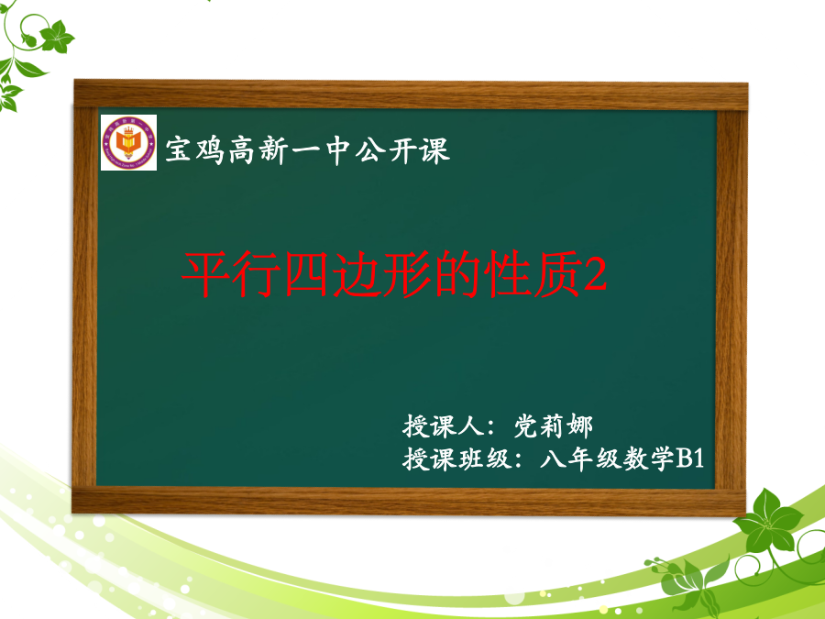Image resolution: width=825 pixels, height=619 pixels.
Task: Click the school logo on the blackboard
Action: tap(128, 142)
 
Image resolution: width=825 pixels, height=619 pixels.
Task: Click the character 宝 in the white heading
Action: tap(179, 150)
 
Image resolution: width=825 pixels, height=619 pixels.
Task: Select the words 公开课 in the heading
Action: tap(402, 150)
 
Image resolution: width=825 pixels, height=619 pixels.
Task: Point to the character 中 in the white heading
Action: tap(337, 150)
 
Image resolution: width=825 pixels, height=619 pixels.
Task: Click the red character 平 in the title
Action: tap(205, 273)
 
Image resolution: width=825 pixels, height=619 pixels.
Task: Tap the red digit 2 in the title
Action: tap(596, 275)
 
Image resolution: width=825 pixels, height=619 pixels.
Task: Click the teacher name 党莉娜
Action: tap(553, 426)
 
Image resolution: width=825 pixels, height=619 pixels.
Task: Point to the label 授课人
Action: tap(444, 426)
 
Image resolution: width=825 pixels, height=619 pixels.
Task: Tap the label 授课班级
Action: tap(456, 459)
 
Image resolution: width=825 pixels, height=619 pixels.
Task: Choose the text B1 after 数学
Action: tap(689, 459)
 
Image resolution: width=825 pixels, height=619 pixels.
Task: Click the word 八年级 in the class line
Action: tap(580, 459)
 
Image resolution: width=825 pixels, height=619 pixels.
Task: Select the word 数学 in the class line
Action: tap(648, 459)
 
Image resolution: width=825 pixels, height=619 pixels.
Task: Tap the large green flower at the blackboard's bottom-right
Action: tap(767, 521)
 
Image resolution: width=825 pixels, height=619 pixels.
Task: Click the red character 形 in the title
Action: tap(408, 273)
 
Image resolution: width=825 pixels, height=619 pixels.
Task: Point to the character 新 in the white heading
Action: tap(273, 150)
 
